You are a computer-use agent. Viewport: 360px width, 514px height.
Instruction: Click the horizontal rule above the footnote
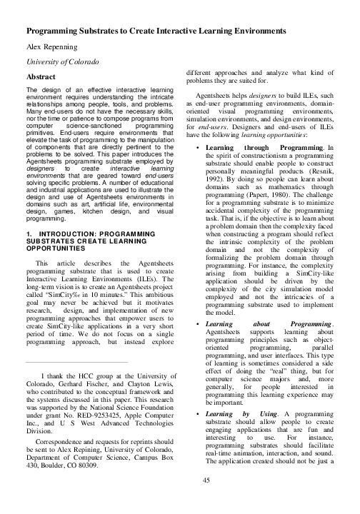[77, 363]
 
